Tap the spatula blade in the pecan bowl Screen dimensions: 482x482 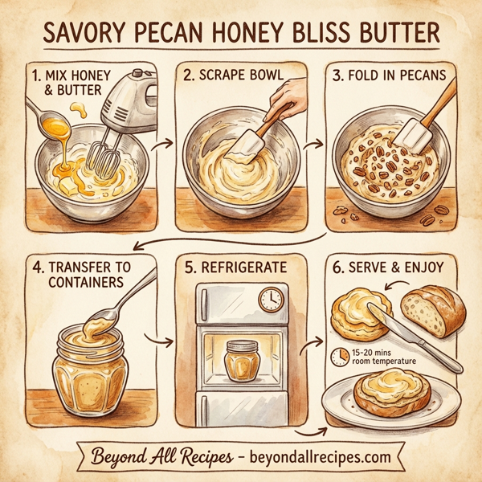[415, 132]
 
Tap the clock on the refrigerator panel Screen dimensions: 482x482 [272, 300]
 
